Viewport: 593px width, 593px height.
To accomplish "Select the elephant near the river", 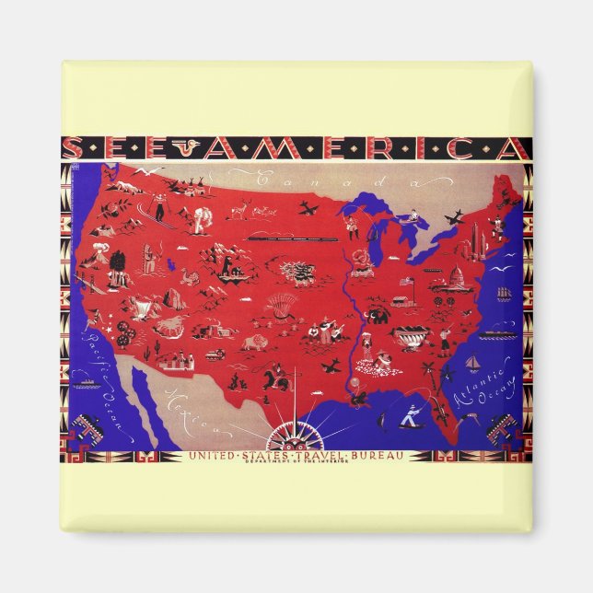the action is [x=378, y=316].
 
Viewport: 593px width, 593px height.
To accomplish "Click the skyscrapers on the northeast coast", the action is [x=476, y=241].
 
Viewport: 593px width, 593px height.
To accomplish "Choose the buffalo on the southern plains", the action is [x=254, y=343].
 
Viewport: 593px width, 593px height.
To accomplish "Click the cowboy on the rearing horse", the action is [x=276, y=375].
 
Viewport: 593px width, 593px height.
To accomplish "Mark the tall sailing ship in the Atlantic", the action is [x=503, y=293].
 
